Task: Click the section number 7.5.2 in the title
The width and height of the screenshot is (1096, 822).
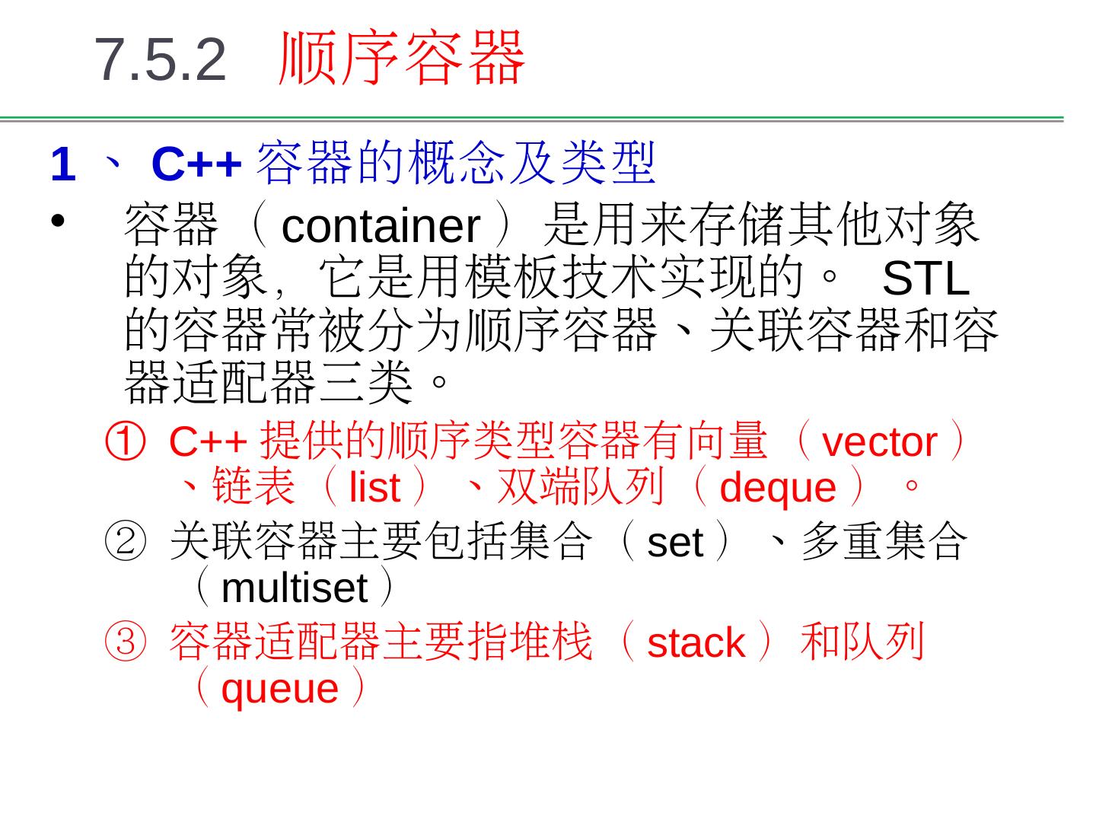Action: [161, 59]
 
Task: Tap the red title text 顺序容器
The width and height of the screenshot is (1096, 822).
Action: [402, 58]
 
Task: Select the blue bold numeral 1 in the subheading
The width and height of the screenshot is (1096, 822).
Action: [63, 164]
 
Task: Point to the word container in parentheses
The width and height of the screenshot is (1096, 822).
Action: [381, 226]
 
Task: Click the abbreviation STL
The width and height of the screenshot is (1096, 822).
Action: [925, 279]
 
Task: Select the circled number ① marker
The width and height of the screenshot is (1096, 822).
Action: [124, 442]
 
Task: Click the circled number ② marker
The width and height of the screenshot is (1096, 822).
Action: [124, 542]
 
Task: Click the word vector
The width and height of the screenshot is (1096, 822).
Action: [879, 442]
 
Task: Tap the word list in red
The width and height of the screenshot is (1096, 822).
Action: [374, 488]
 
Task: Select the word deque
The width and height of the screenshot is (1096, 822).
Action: [777, 488]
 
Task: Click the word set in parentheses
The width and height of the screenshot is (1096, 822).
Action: [674, 543]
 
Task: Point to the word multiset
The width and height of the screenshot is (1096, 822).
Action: [295, 588]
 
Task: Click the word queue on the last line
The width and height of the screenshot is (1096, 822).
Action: [279, 689]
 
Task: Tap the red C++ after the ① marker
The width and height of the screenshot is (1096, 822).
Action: [208, 442]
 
